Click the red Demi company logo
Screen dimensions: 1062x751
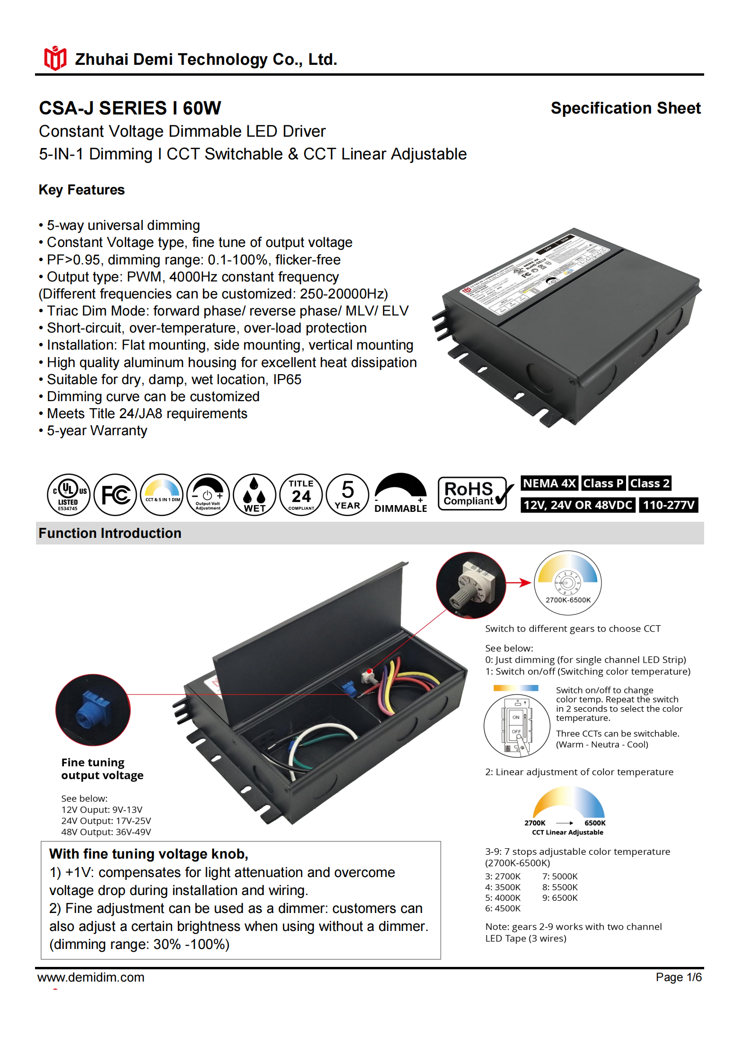(55, 59)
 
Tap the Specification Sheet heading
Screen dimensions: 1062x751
(625, 108)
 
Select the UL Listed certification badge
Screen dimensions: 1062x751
(68, 495)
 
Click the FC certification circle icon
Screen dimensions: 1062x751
(115, 495)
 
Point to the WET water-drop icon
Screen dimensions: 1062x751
(255, 495)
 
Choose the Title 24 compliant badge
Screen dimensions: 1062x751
(301, 495)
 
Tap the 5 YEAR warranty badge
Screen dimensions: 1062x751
(347, 495)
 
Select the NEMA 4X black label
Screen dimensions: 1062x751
(549, 483)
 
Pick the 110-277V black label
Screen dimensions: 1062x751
(668, 505)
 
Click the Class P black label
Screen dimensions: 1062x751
(603, 483)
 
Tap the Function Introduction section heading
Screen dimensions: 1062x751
(110, 534)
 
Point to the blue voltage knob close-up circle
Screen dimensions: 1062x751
(93, 710)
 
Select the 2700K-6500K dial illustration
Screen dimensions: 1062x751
(567, 583)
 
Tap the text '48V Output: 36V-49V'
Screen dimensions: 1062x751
(106, 832)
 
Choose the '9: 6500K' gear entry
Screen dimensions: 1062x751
(560, 898)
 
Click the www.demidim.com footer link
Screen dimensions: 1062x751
(91, 977)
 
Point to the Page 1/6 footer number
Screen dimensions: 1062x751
(678, 977)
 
